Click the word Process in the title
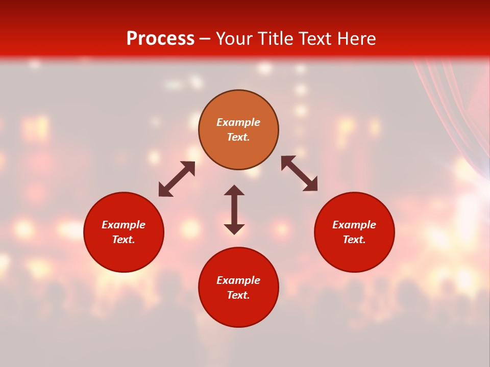click(x=160, y=39)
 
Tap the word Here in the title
click(x=356, y=39)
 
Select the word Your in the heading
click(x=235, y=39)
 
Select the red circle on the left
click(x=124, y=255)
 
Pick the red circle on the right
click(x=354, y=255)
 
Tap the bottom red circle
click(x=238, y=311)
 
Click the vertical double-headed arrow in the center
click(x=234, y=209)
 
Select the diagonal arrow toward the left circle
click(x=177, y=179)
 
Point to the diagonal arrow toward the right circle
click(x=299, y=174)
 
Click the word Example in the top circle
click(x=238, y=122)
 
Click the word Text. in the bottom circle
click(x=238, y=295)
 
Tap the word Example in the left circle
click(x=124, y=225)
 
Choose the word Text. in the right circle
click(x=354, y=240)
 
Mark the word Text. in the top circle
click(x=238, y=137)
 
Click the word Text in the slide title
click(x=313, y=39)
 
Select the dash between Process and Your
click(x=205, y=39)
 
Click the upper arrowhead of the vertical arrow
click(x=234, y=190)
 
